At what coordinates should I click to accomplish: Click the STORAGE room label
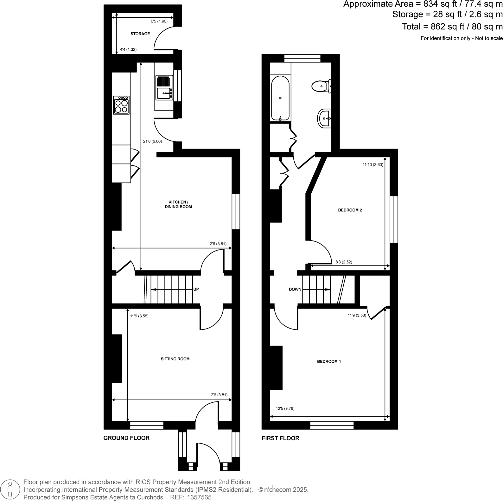[x=140, y=34]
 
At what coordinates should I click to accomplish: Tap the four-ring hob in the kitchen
[x=121, y=105]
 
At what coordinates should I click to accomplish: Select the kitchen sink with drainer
[x=164, y=87]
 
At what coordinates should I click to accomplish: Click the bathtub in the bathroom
[x=280, y=98]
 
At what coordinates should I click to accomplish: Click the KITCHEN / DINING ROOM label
[x=178, y=204]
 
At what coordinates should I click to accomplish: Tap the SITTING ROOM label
[x=175, y=359]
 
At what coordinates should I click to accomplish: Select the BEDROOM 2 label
[x=350, y=210]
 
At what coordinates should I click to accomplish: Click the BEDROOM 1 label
[x=329, y=361]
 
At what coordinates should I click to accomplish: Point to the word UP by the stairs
[x=196, y=289]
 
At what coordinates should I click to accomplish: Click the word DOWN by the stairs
[x=295, y=289]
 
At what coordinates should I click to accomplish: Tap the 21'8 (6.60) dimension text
[x=152, y=142]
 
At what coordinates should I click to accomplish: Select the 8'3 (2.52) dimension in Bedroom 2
[x=344, y=262]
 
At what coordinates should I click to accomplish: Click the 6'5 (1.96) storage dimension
[x=159, y=21]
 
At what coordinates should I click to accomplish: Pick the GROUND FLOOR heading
[x=126, y=438]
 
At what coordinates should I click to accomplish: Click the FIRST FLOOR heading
[x=280, y=438]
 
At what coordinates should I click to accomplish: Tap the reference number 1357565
[x=199, y=497]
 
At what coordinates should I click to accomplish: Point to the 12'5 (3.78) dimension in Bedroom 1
[x=285, y=409]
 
